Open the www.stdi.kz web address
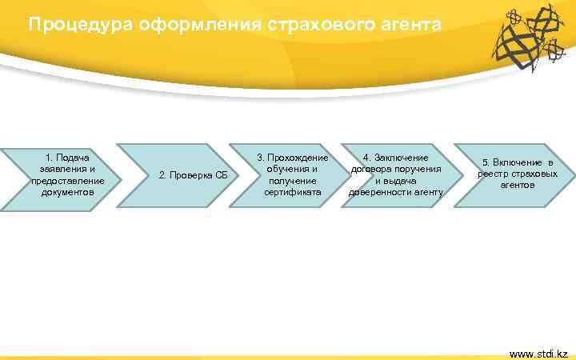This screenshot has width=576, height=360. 538,353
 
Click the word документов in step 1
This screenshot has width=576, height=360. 68,193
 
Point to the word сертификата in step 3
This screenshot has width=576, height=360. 292,193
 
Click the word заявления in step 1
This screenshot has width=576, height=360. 64,169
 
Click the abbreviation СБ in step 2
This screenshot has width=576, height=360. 221,175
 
